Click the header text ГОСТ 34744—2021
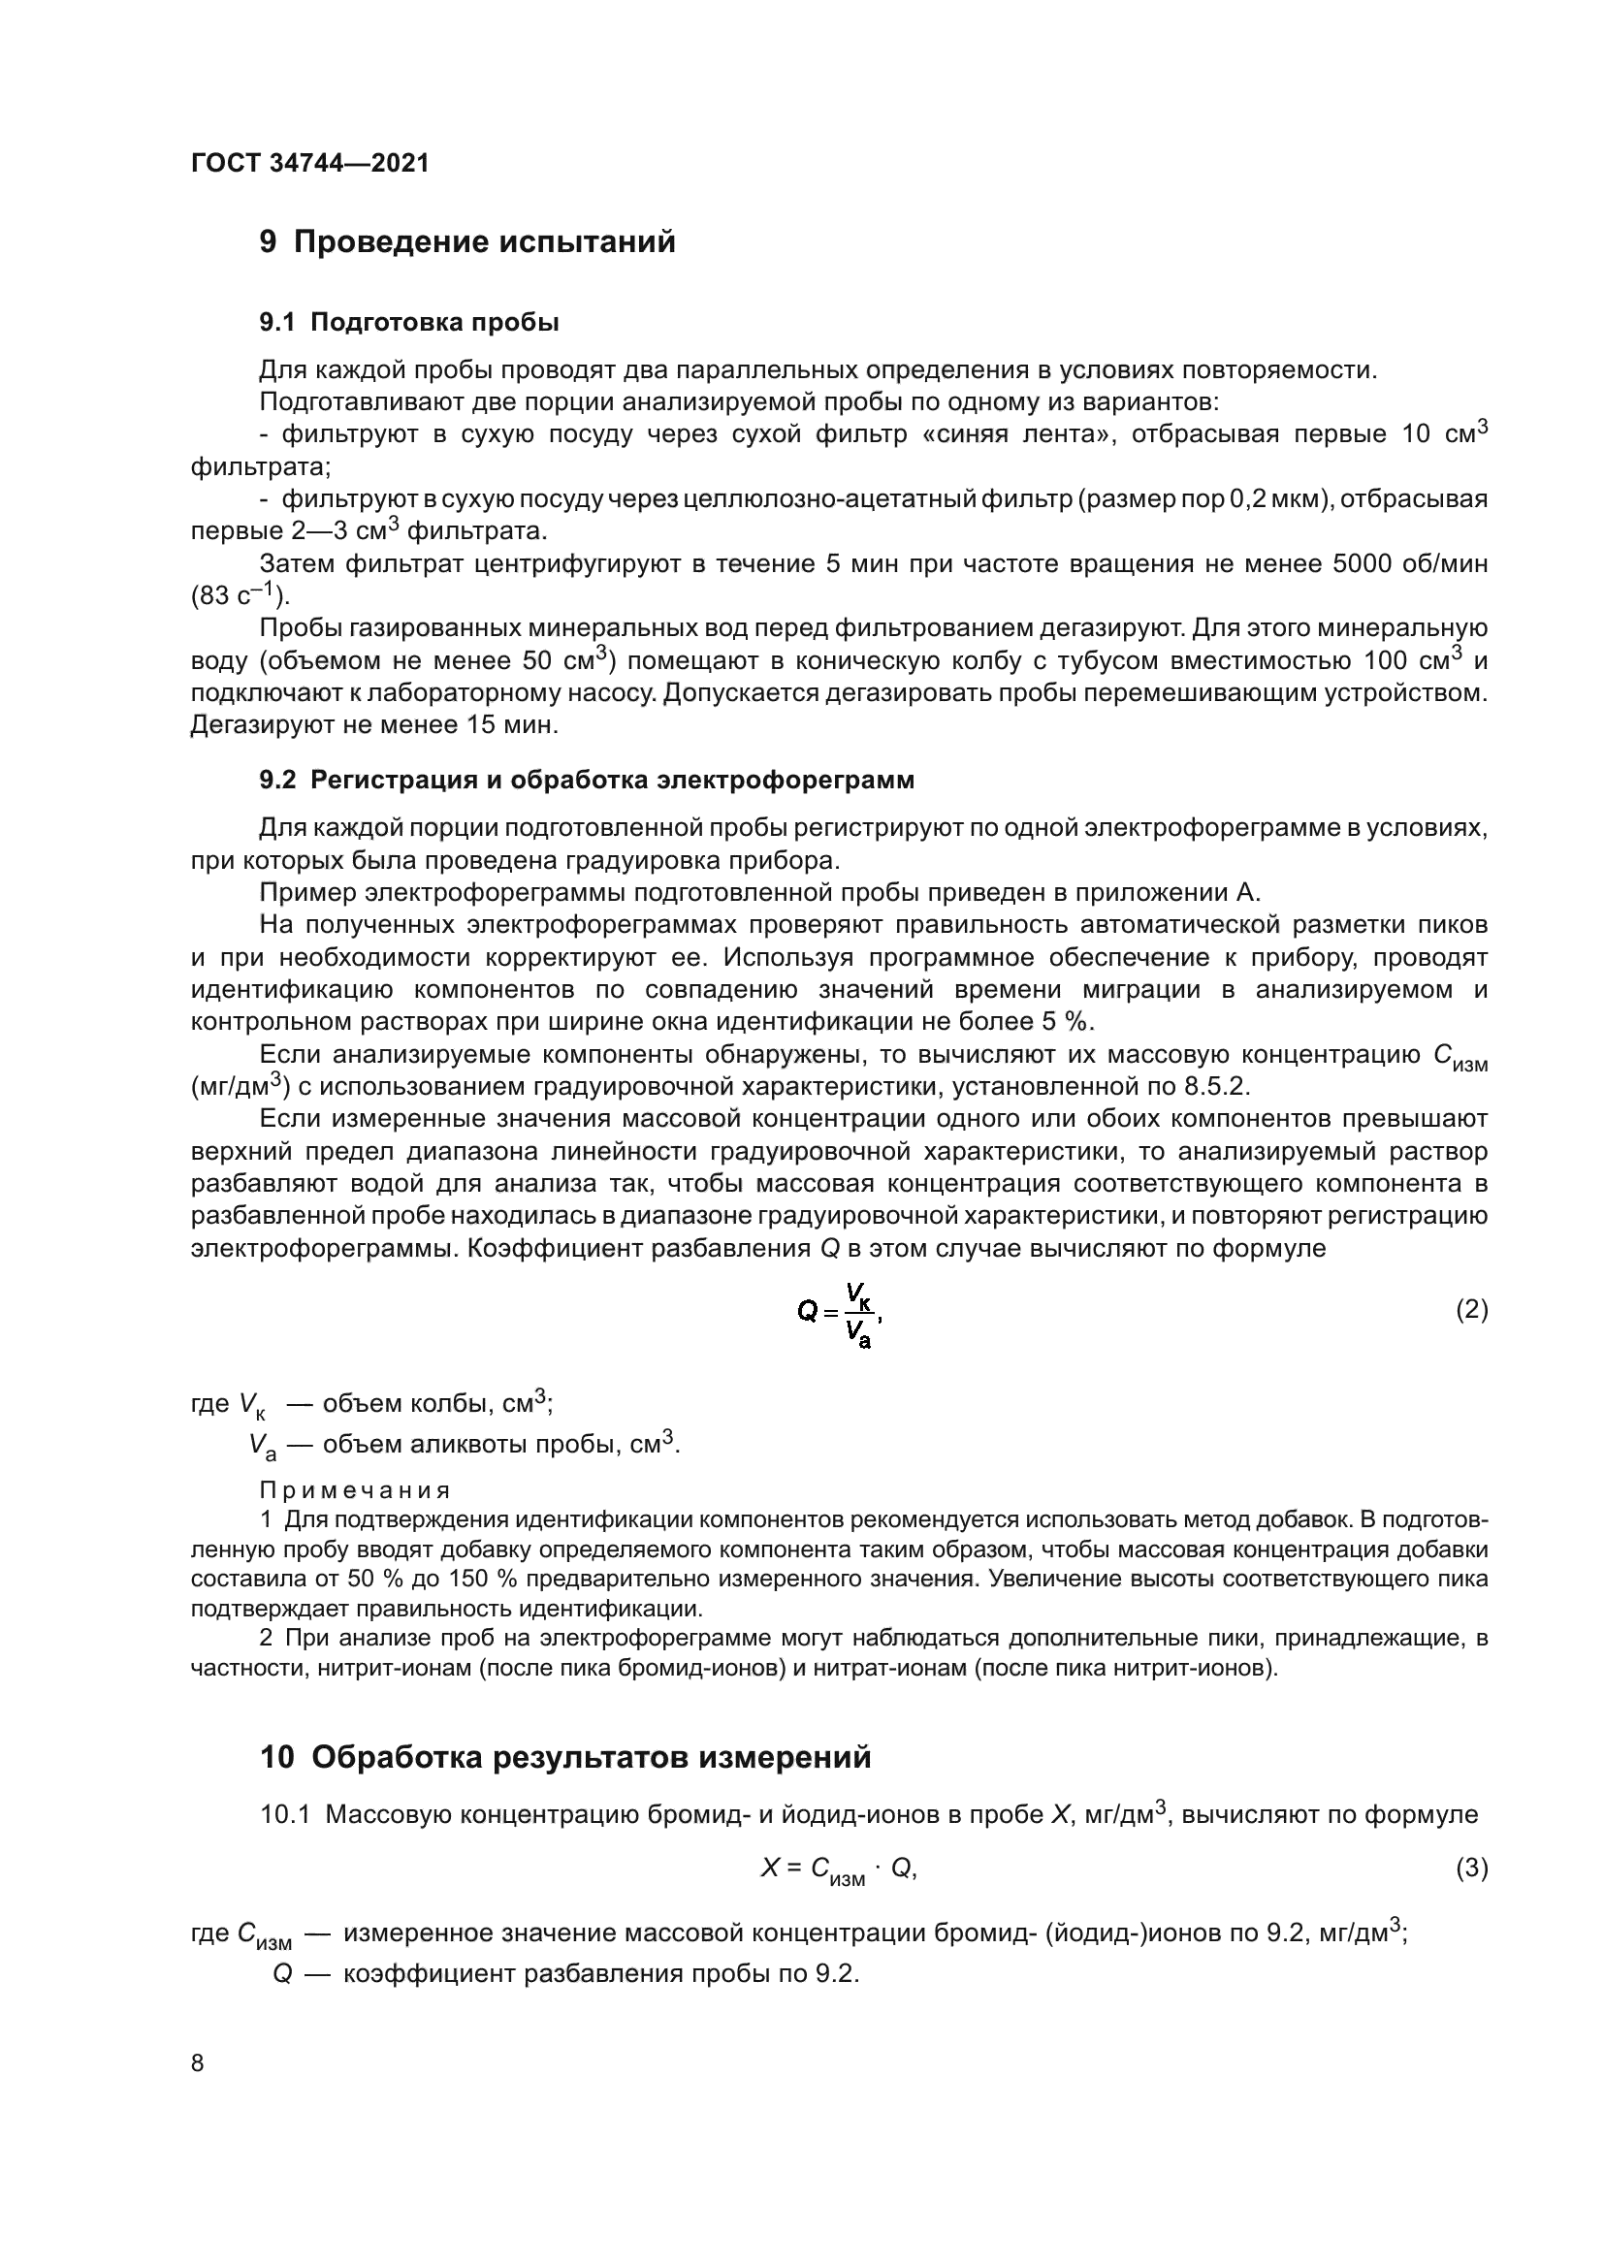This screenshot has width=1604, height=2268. (310, 163)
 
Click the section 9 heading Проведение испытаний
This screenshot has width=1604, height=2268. (467, 242)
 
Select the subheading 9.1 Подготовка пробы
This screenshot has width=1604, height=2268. (409, 322)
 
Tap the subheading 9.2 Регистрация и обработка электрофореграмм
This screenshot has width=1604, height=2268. (587, 781)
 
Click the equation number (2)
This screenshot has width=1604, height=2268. (1471, 1311)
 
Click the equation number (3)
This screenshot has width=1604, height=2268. (1471, 1868)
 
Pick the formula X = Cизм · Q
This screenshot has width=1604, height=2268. (838, 1869)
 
